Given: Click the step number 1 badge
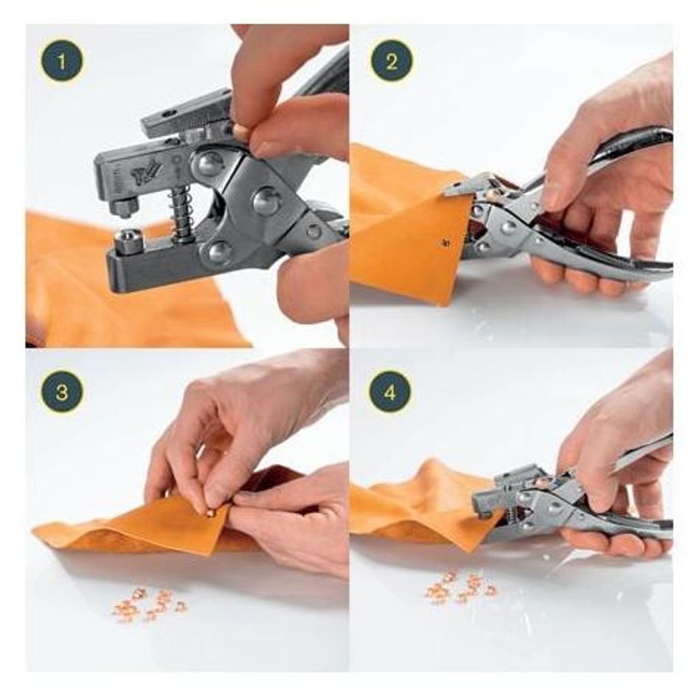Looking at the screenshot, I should point(62,61).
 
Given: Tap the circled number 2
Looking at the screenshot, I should point(391,61).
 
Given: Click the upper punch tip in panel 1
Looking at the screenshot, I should point(123,207).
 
